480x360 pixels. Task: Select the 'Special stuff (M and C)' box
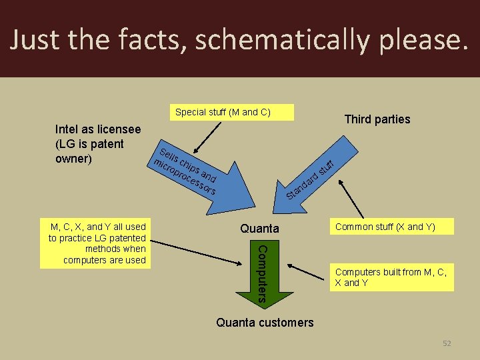pos(223,112)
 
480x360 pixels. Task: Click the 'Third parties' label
pos(377,119)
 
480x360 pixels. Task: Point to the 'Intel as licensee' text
pos(98,129)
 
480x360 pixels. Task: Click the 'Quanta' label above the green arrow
pos(260,229)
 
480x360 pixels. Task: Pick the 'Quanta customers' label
pos(265,323)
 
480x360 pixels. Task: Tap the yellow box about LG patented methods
pos(97,243)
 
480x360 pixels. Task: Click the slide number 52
pos(447,343)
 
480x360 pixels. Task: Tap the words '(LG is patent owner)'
pos(89,151)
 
